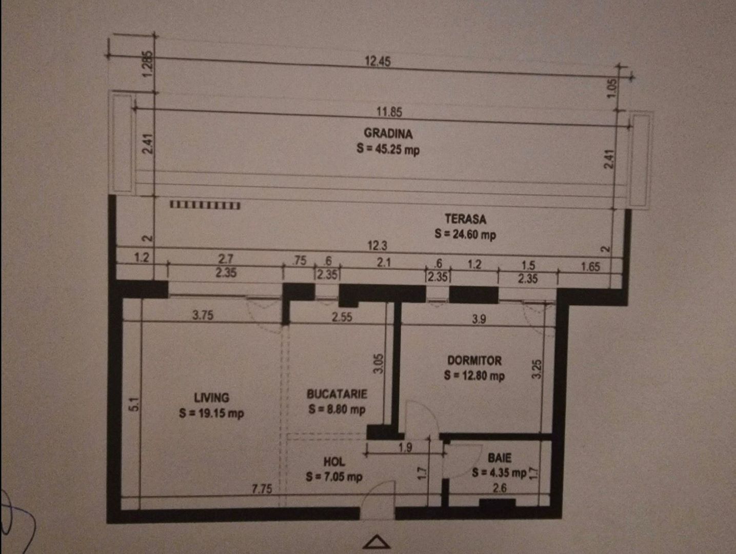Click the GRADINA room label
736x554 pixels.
pos(388,133)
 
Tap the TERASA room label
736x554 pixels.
pos(465,219)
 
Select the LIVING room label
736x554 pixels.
pos(211,398)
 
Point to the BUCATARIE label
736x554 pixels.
pos(337,394)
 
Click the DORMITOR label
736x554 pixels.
pos(474,361)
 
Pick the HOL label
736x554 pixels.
pos(334,462)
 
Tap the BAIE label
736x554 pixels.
pos(499,458)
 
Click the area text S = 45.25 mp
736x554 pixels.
pos(388,149)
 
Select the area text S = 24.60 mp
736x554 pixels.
pos(465,234)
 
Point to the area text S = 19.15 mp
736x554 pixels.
pos(211,413)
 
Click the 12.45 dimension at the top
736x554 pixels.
pos(377,62)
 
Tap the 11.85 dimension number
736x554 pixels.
pos(389,112)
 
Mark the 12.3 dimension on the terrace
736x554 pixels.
pos(377,246)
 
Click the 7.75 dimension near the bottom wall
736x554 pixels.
pos(262,489)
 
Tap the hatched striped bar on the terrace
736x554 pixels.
pos(205,205)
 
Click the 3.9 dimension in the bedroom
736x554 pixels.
pos(479,319)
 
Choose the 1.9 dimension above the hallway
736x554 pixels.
pos(405,447)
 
